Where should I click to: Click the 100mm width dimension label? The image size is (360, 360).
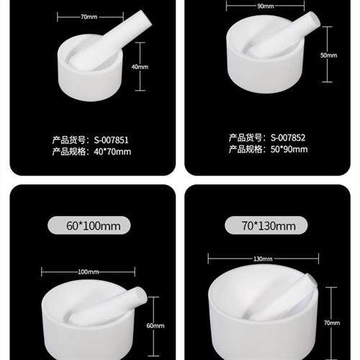coord(87,271)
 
